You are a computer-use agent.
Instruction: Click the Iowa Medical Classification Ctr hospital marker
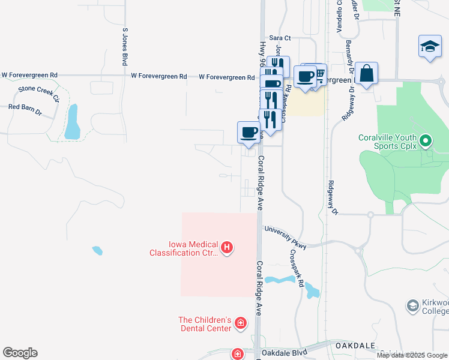pos(227,247)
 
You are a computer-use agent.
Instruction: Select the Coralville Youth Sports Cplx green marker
pos(426,142)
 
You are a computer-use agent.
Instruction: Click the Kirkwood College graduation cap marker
pos(412,306)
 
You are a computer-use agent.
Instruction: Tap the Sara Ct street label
pos(280,38)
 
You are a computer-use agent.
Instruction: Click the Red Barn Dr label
pos(25,109)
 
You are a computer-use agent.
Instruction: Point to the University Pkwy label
pos(285,238)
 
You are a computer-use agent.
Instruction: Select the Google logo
pos(20,353)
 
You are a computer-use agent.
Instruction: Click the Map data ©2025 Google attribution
pos(412,355)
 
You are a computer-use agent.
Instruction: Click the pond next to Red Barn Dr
pos(73,121)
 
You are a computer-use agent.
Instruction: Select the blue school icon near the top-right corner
pos(430,47)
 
